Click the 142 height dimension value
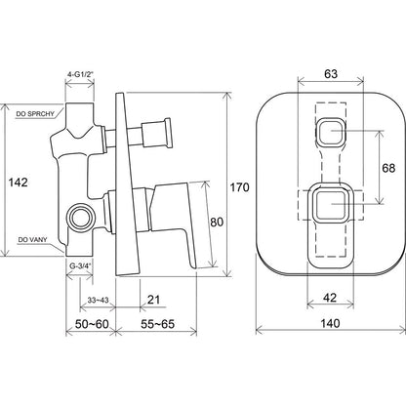18,183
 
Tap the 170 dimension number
240,187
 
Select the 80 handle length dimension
217,223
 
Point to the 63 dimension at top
331,74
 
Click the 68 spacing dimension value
388,168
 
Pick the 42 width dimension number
330,298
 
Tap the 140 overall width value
330,323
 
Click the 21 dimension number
153,300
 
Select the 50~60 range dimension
92,324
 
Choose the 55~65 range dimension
157,324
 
